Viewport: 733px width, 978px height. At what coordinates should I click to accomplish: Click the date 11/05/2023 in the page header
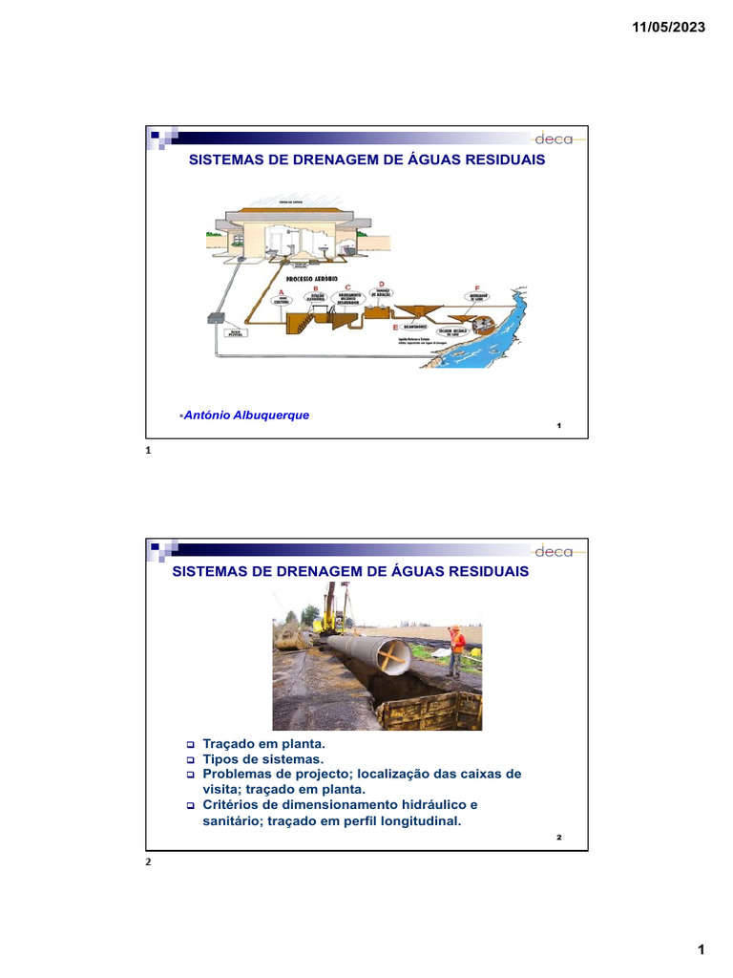[x=668, y=28]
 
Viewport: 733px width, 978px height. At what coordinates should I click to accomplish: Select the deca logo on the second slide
[x=554, y=551]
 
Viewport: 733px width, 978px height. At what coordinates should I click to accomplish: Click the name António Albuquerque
[x=246, y=415]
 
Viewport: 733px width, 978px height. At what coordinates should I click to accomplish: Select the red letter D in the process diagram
[x=382, y=284]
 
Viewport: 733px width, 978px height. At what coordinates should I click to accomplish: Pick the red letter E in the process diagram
[x=394, y=327]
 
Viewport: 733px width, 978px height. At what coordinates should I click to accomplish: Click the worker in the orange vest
[x=456, y=649]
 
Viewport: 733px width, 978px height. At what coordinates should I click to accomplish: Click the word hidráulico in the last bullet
[x=425, y=804]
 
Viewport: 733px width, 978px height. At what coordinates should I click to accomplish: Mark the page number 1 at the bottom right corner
[x=701, y=949]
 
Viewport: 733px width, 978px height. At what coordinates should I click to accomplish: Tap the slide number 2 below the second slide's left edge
[x=148, y=861]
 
